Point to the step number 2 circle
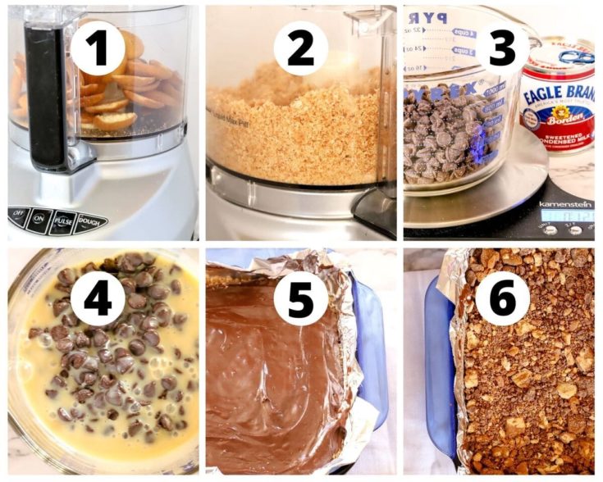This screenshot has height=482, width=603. pos(301,48)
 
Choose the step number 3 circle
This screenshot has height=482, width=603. pos(502,48)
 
